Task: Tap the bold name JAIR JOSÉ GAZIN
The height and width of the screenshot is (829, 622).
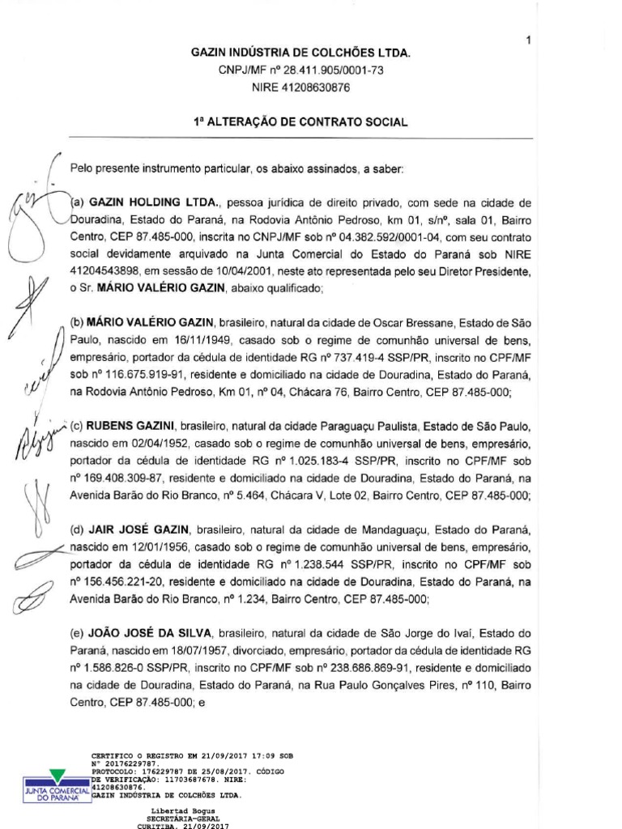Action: click(140, 530)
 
